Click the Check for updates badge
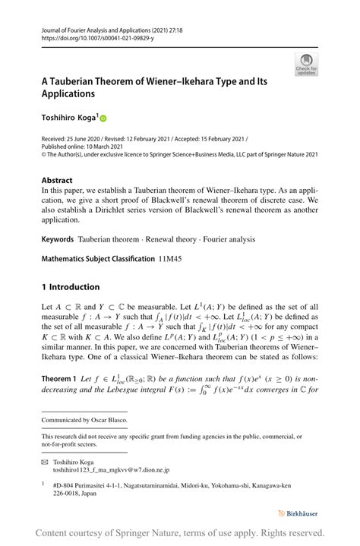pyautogui.click(x=306, y=64)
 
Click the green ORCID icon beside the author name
pyautogui.click(x=103, y=118)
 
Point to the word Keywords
pyautogui.click(x=58, y=238)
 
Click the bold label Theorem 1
pyautogui.click(x=59, y=377)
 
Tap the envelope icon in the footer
pyautogui.click(x=45, y=461)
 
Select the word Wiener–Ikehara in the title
pyautogui.click(x=182, y=79)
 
